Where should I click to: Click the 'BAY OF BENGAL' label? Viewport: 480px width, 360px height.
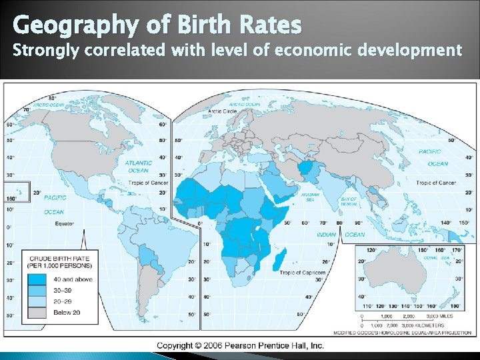click(x=349, y=201)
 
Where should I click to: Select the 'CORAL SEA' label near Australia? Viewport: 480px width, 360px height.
click(x=435, y=257)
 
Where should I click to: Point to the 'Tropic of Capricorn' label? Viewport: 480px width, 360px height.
click(x=303, y=273)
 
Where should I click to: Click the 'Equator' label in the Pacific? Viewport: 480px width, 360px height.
click(x=65, y=223)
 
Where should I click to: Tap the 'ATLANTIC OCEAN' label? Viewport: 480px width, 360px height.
click(x=138, y=167)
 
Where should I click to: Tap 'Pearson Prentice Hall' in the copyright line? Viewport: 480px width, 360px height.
click(x=272, y=345)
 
